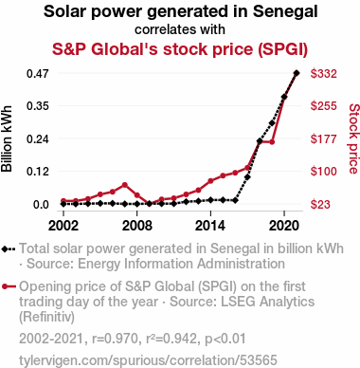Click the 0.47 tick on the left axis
coord(38,74)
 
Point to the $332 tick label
coord(324,74)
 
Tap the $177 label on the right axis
coord(324,138)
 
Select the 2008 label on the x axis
coord(137,226)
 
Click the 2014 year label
coord(210,226)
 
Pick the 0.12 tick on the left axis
coord(38,172)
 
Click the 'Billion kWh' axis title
coord(7,138)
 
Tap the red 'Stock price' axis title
coord(353,138)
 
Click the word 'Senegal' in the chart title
coord(285,11)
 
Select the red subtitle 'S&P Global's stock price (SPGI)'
coord(180,49)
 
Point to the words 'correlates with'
coord(180,29)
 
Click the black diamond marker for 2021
coord(297,73)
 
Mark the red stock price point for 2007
coord(125,185)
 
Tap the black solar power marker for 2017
coord(247,177)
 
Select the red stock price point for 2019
coord(272,142)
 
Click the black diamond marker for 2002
coord(63,204)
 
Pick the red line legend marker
coord(9,286)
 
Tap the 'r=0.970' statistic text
coord(116,339)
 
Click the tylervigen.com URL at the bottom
coord(148,360)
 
